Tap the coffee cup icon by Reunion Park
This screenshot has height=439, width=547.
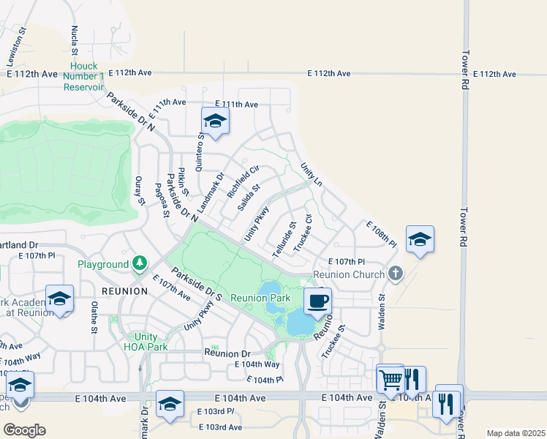(x=317, y=301)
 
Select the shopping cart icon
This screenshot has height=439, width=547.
(x=391, y=379)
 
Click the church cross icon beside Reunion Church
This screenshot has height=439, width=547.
(x=396, y=274)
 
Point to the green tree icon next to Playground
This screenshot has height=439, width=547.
(x=139, y=263)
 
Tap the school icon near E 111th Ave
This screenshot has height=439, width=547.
(x=215, y=121)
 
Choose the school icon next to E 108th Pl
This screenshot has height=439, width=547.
(x=420, y=240)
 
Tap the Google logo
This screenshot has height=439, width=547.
(x=24, y=430)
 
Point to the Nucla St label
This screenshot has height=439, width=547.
(x=75, y=41)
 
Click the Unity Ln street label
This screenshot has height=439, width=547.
(x=312, y=175)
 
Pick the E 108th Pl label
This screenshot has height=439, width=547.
(x=380, y=234)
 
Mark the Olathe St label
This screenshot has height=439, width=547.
(x=94, y=318)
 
